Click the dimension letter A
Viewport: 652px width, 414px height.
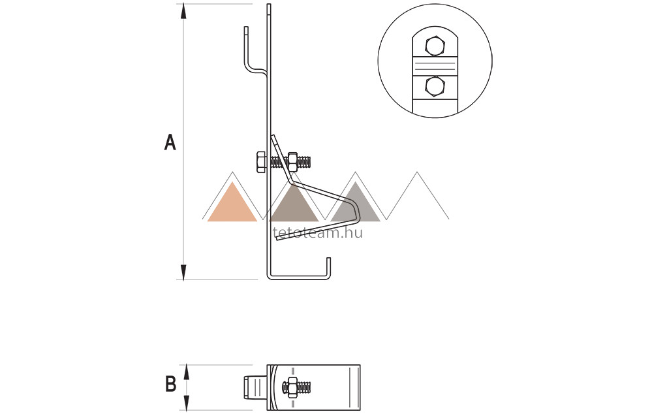(170, 142)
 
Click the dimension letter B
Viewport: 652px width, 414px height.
(171, 385)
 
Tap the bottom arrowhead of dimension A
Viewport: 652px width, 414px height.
(184, 272)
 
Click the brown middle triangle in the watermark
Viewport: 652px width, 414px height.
(294, 204)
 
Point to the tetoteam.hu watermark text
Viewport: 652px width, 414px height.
(316, 231)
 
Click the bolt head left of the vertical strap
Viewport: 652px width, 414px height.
(260, 161)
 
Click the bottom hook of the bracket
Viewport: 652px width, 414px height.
(326, 271)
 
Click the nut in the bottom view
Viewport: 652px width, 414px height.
(292, 386)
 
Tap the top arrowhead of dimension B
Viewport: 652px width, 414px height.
(187, 370)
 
